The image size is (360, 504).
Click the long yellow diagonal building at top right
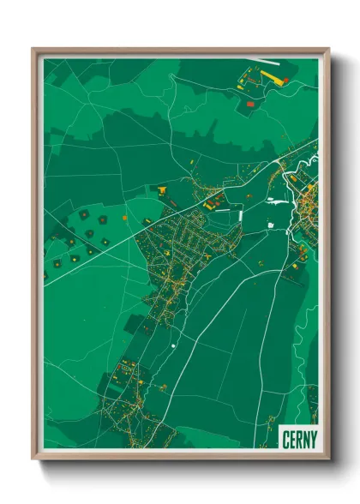277,77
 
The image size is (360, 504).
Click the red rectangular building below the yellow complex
250,104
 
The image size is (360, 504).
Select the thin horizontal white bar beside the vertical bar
273,227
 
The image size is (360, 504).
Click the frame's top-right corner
327,48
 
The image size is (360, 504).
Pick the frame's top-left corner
33,48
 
